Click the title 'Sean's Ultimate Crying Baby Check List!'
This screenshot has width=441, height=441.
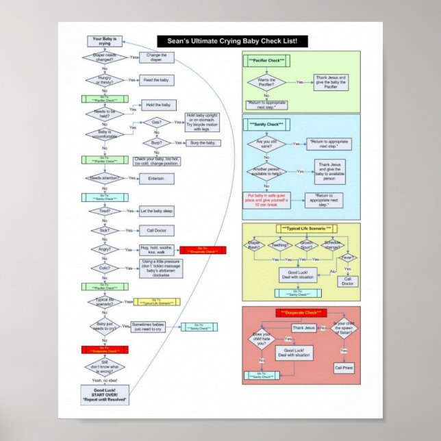click(x=232, y=42)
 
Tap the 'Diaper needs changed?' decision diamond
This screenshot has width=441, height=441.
click(x=105, y=58)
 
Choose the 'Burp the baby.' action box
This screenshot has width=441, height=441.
click(x=203, y=142)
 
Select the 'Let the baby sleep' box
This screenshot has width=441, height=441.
click(x=157, y=211)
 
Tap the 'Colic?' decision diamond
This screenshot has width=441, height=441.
click(x=105, y=268)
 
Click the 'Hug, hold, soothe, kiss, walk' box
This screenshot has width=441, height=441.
click(x=157, y=249)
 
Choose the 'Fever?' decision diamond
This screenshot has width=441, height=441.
click(x=347, y=258)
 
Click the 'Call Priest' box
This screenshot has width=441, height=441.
click(x=344, y=368)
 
